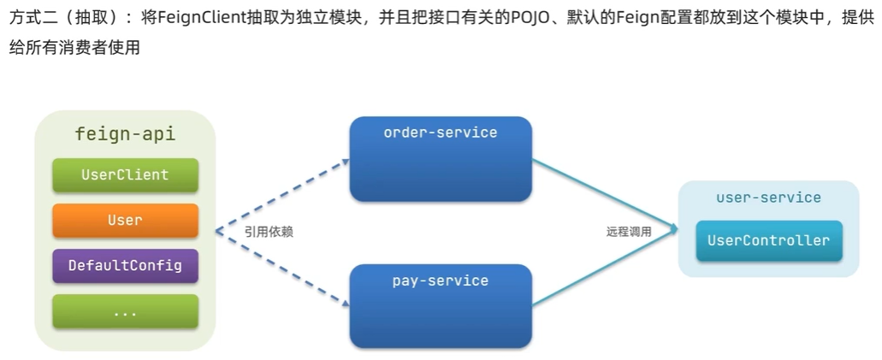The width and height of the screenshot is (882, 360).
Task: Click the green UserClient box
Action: tap(125, 175)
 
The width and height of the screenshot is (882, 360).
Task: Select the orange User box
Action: tap(125, 221)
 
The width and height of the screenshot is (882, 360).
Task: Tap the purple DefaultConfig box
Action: tap(125, 266)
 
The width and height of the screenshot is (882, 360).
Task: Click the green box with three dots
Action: tap(125, 312)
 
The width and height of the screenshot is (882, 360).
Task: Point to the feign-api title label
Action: tap(125, 134)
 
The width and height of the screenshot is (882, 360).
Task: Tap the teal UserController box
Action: tap(768, 241)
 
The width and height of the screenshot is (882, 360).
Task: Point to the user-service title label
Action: tap(768, 198)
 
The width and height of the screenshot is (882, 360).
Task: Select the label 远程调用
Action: tap(629, 232)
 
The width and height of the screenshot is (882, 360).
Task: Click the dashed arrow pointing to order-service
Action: tap(282, 192)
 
